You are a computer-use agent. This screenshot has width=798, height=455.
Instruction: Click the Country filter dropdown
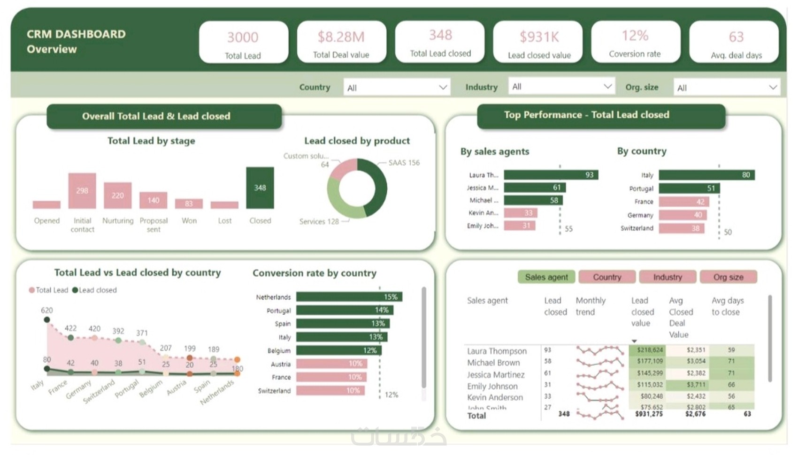[397, 88]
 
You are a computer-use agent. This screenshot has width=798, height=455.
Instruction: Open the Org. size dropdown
[726, 88]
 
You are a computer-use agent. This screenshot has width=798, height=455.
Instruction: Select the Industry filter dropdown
[561, 87]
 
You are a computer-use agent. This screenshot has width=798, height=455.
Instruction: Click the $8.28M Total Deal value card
[341, 42]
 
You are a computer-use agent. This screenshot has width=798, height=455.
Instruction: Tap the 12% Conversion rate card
[635, 42]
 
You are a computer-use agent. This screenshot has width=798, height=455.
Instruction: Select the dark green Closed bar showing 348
[260, 188]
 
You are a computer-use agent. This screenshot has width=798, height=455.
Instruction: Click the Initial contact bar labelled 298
[82, 191]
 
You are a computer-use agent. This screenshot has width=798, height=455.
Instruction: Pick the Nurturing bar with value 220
[118, 196]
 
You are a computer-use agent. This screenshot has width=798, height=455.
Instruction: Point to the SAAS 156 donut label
[404, 163]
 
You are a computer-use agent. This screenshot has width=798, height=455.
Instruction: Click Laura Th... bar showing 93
[550, 175]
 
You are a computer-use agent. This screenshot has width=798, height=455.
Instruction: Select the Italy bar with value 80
[706, 175]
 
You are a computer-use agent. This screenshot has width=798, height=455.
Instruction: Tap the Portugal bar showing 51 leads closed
[689, 188]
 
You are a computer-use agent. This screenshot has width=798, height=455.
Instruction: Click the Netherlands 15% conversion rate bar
[349, 297]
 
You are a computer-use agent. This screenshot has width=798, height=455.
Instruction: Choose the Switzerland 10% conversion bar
[330, 391]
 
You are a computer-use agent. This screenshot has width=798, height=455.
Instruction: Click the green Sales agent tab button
[546, 277]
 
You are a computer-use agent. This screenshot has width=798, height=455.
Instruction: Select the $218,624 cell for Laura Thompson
[649, 350]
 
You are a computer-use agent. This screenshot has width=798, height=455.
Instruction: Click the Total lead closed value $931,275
[649, 414]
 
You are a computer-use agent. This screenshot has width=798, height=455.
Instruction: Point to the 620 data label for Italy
[47, 311]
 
